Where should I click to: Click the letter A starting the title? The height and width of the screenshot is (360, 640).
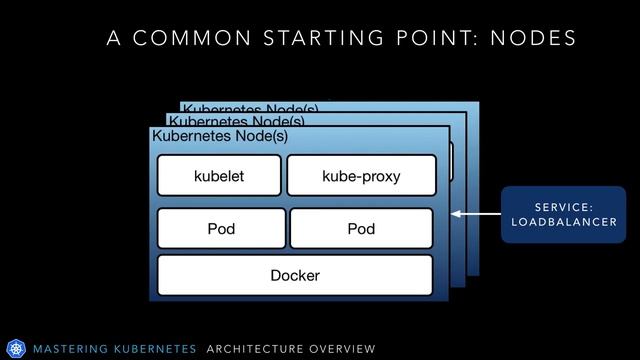click(113, 38)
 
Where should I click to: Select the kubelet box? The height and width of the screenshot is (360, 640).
click(219, 176)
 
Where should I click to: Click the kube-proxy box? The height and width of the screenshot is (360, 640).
click(361, 176)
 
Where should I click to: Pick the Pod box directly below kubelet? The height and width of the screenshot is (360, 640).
click(221, 229)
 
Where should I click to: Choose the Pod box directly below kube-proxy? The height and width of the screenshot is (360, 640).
click(361, 229)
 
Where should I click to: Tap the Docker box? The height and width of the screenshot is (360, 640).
click(295, 275)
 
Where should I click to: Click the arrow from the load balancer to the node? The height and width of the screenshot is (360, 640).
click(474, 214)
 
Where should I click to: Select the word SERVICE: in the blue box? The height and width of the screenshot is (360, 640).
click(564, 206)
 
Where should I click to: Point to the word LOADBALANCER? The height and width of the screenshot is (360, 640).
click(564, 222)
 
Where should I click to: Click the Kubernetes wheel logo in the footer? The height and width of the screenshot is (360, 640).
click(15, 348)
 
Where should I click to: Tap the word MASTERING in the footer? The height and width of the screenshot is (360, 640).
click(71, 349)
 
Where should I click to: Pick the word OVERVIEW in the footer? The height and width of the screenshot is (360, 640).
click(342, 349)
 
